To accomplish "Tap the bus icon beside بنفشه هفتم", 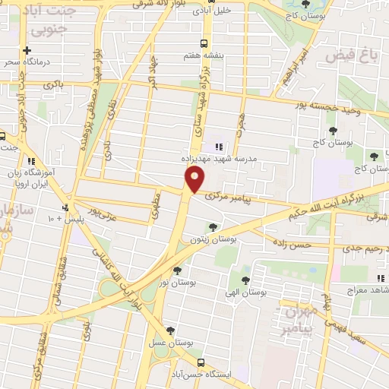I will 202,43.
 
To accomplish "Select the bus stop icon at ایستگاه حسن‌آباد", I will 200,362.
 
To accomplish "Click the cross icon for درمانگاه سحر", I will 27,49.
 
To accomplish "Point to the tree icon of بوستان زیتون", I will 213,226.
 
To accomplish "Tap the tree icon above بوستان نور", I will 177,269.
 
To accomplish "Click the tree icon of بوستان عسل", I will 169,330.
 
